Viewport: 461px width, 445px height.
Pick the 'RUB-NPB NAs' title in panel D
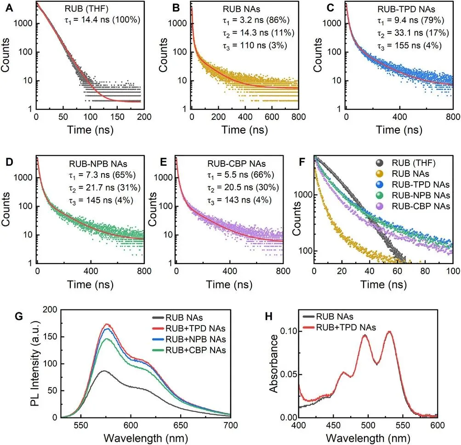point(97,164)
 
